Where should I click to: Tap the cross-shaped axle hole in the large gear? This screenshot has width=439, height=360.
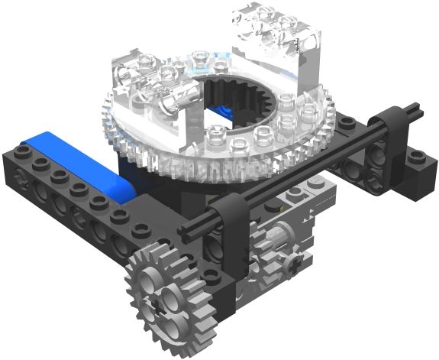(160, 299)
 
